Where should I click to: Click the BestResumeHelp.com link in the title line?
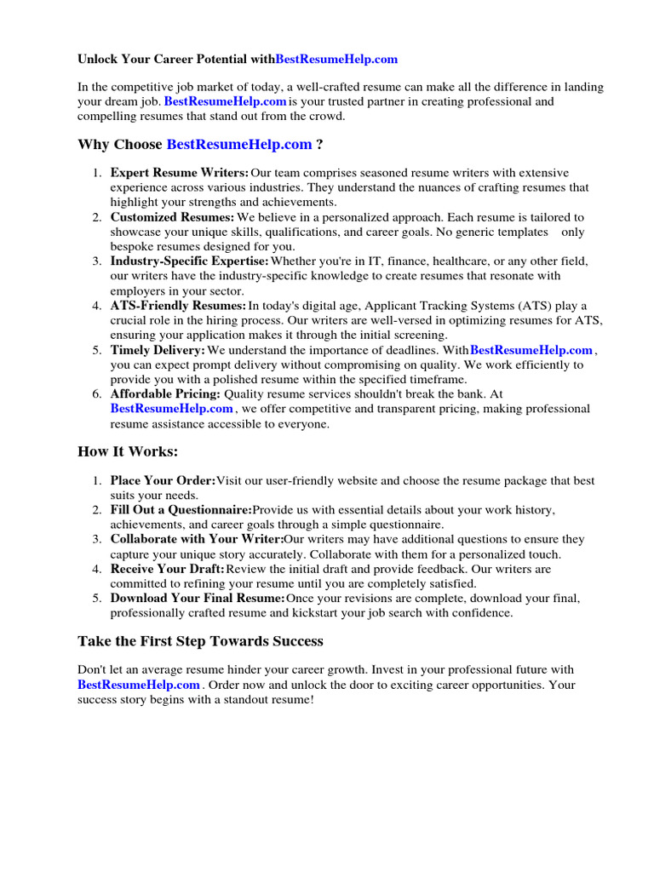pos(337,60)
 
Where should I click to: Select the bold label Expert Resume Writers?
pos(180,173)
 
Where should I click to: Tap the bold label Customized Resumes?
pos(173,217)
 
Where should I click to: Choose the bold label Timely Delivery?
pos(158,350)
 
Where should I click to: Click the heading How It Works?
pos(128,451)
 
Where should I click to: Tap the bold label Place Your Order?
pos(163,481)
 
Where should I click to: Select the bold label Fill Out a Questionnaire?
pos(181,510)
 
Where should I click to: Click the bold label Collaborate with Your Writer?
pos(197,539)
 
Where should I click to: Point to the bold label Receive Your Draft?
pos(168,569)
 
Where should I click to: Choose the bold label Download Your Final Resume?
pos(198,599)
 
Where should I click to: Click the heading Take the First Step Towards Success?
pos(200,640)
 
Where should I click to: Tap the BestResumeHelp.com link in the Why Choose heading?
pos(239,145)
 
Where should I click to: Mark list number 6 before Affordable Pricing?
pos(98,394)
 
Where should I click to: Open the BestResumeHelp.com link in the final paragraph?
pos(140,685)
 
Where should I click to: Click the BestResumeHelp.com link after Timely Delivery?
pos(531,350)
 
